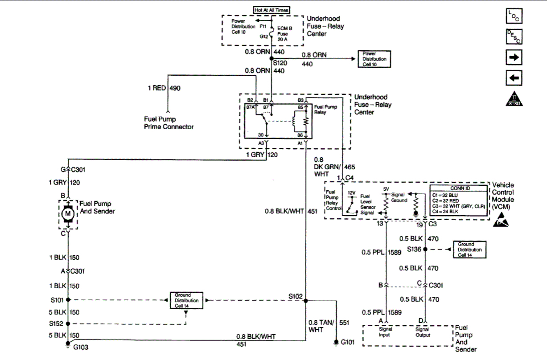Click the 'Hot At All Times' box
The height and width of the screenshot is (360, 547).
click(x=271, y=10)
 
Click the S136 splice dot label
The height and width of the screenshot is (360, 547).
click(x=415, y=250)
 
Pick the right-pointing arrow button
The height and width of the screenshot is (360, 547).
click(x=514, y=57)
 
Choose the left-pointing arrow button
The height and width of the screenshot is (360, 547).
click(x=514, y=78)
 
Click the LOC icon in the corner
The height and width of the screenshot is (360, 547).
click(x=514, y=16)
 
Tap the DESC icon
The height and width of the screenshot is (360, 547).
click(x=514, y=37)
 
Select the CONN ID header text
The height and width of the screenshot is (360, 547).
click(x=457, y=188)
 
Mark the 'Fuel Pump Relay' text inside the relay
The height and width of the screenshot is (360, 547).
click(x=325, y=110)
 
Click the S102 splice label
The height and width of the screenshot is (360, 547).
click(x=296, y=296)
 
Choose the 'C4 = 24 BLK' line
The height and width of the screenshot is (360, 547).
click(x=448, y=212)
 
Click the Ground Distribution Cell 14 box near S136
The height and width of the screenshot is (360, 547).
click(x=469, y=250)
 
